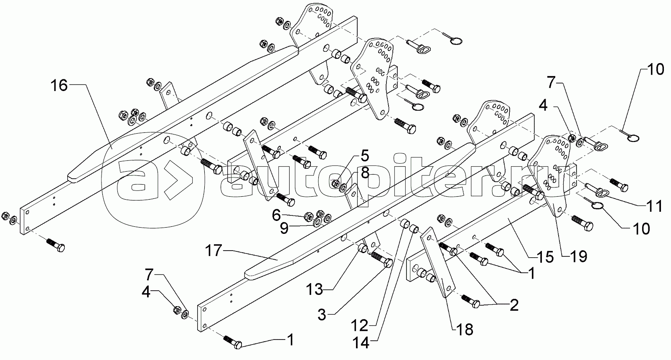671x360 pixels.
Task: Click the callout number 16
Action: [x=59, y=86]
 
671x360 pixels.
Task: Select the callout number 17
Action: [x=213, y=251]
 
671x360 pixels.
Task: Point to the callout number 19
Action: [x=578, y=256]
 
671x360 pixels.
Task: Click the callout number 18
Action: [x=465, y=330]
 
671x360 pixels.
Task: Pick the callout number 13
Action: [x=315, y=289]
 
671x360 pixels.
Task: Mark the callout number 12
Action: [x=359, y=326]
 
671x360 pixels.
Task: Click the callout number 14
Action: [x=361, y=343]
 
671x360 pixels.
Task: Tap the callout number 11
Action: [x=653, y=206]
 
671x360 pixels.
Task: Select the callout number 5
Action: [x=365, y=156]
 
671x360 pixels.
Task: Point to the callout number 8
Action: [x=365, y=173]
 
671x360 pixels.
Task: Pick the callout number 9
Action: [x=284, y=228]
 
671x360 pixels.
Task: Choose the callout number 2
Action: [x=514, y=305]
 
